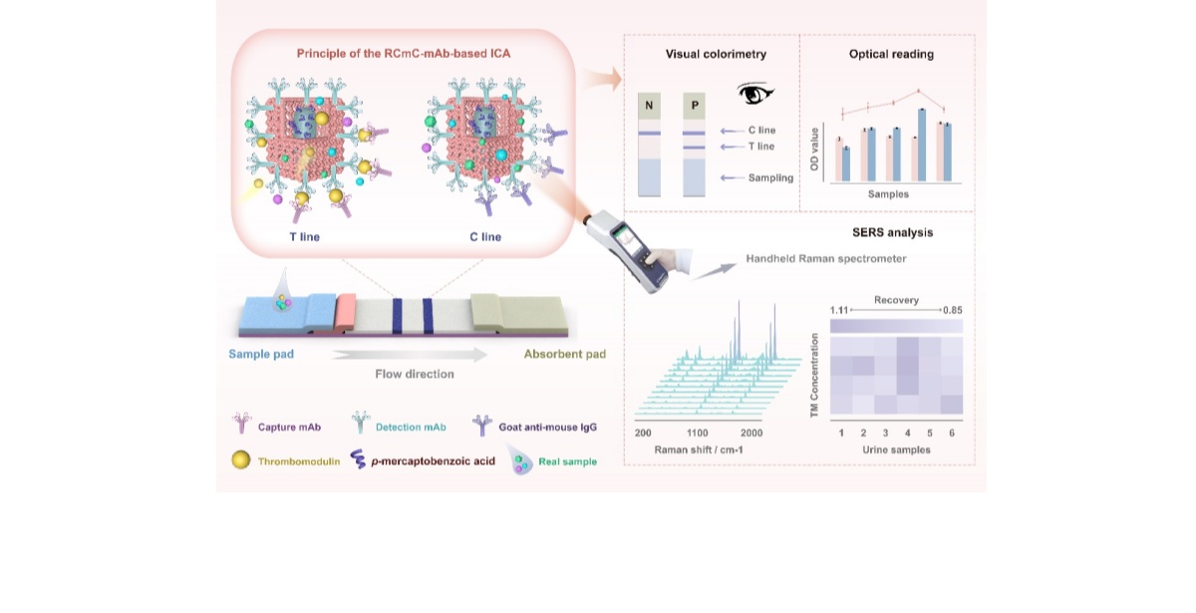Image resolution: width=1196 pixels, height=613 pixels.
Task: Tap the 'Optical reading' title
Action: (891, 55)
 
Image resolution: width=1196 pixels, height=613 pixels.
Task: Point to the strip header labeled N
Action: (649, 106)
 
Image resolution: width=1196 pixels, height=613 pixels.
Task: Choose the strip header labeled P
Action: (695, 106)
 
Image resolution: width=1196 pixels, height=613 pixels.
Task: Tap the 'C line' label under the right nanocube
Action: (485, 237)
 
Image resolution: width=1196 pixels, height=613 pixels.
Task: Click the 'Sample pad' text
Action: (260, 354)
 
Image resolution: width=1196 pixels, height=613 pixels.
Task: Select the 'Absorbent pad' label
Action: (565, 354)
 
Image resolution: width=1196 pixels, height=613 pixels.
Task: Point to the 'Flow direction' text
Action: (415, 374)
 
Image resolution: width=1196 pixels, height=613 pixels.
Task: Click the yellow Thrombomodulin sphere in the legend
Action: (240, 460)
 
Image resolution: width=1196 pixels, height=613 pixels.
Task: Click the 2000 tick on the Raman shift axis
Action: (750, 434)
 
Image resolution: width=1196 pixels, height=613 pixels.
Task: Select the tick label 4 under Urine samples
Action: (907, 434)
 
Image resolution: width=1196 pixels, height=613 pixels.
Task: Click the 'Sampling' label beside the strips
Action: (770, 177)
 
